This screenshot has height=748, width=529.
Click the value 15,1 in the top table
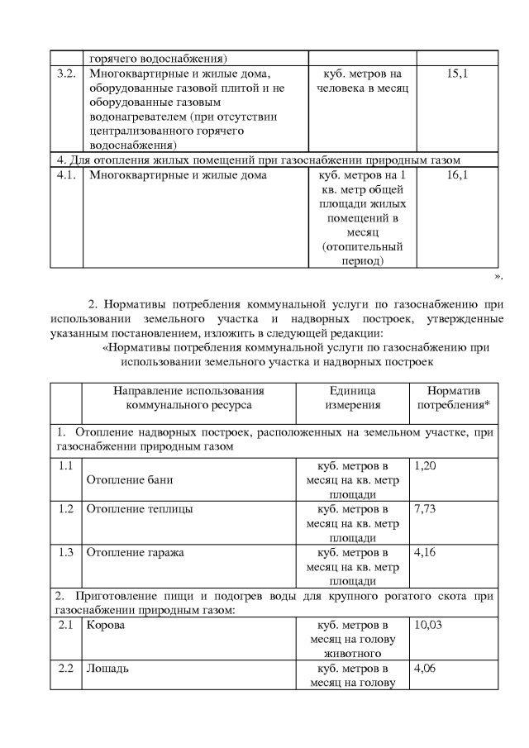point(457,74)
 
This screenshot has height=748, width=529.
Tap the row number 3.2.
point(64,74)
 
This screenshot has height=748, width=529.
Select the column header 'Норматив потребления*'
point(454,398)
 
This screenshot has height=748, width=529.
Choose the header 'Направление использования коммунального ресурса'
point(188,398)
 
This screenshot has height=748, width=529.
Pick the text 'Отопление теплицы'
point(140,509)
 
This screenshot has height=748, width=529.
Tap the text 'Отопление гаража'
point(135,553)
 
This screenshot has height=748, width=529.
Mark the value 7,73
point(424,509)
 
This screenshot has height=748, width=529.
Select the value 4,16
point(424,553)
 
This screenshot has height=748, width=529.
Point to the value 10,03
point(427,625)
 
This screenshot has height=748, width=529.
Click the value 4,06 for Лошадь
point(424,669)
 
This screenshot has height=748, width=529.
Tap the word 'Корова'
point(106,625)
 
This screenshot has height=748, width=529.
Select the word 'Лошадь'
point(107,669)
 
